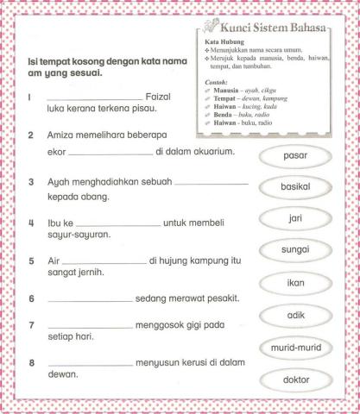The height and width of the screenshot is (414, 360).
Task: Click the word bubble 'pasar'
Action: (296, 156)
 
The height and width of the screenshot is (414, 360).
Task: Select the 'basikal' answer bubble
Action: (296, 188)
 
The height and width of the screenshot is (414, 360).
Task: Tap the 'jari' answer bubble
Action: (296, 219)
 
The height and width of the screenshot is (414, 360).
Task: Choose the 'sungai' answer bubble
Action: (296, 251)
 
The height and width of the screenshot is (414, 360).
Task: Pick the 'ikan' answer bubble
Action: (296, 283)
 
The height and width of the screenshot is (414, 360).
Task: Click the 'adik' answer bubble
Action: (296, 316)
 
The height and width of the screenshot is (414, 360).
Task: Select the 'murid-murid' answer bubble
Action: (296, 348)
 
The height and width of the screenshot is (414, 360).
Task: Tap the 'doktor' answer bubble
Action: (296, 379)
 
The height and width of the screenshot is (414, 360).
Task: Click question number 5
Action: (30, 260)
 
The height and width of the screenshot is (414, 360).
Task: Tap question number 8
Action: (30, 362)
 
